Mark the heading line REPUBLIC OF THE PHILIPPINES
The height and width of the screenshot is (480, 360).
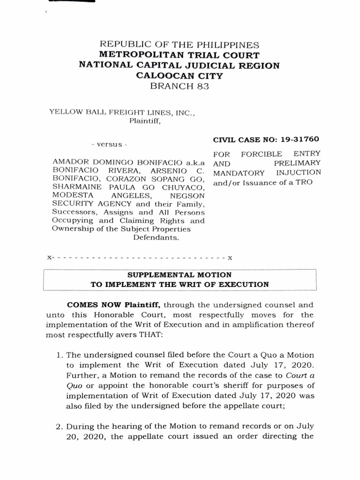(179, 45)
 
